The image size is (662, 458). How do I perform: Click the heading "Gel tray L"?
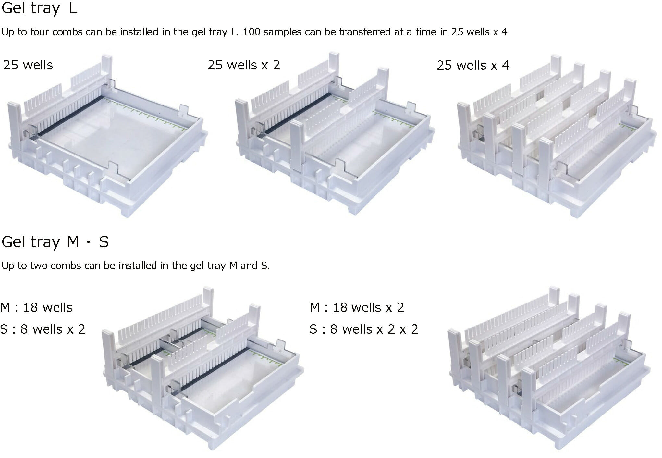[40, 8]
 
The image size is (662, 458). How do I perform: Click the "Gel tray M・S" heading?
[55, 242]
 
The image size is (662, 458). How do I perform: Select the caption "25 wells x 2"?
[244, 65]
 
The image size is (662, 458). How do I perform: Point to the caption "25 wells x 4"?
[473, 66]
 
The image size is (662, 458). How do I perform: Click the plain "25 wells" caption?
[28, 65]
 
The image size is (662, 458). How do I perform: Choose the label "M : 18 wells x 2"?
[357, 307]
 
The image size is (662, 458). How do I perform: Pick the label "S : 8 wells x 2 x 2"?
[364, 329]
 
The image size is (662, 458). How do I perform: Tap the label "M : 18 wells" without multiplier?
[37, 307]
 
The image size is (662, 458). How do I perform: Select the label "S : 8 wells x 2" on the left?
[43, 329]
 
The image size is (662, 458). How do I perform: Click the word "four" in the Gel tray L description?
[40, 32]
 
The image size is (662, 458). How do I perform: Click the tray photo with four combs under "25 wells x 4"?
[557, 136]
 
